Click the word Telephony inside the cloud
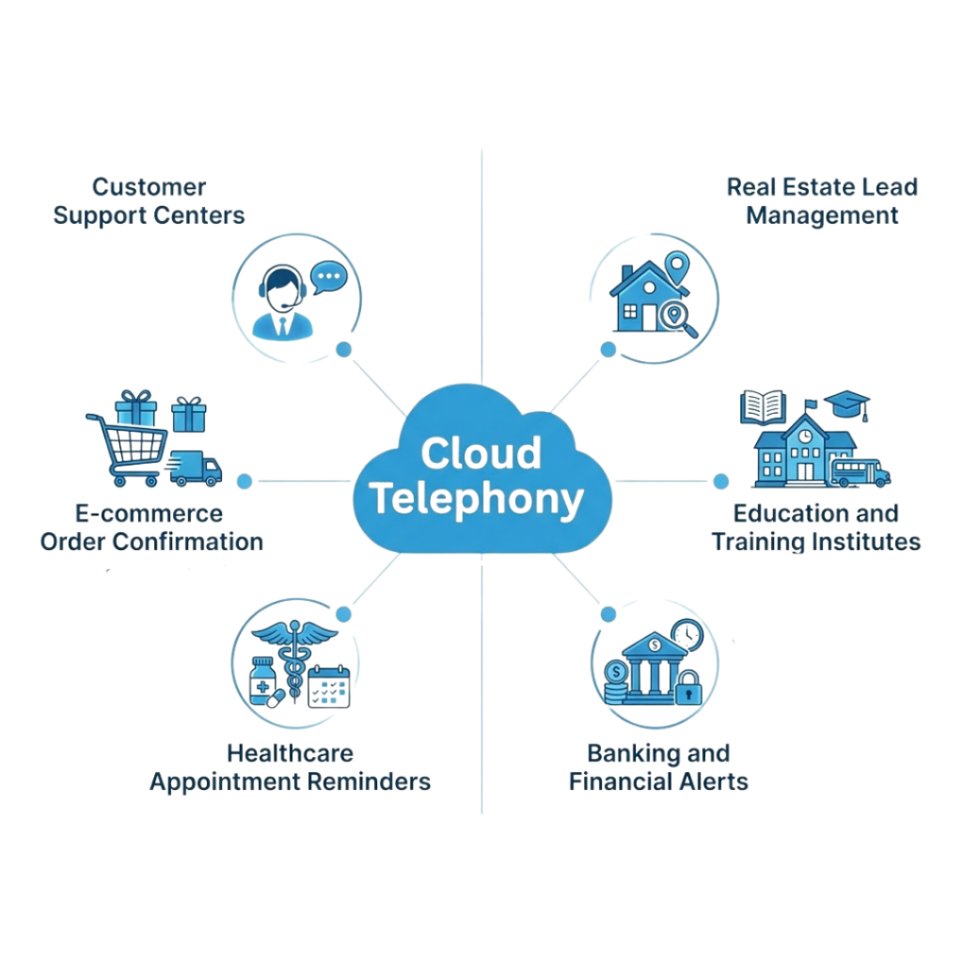tap(476, 500)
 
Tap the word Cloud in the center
tap(481, 453)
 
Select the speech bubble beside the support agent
tap(329, 276)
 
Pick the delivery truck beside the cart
tap(194, 467)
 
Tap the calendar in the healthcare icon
tap(329, 686)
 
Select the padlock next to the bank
tap(688, 688)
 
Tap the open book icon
tap(763, 407)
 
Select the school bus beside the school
tap(860, 472)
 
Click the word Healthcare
tap(290, 753)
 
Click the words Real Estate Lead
tap(822, 186)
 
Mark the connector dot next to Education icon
tap(720, 481)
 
